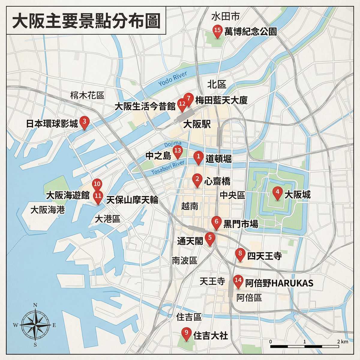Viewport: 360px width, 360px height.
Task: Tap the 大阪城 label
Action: pyautogui.click(x=297, y=195)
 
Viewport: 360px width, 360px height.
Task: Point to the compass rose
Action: pyautogui.click(x=35, y=325)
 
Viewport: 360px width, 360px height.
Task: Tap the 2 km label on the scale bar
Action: pyautogui.click(x=342, y=341)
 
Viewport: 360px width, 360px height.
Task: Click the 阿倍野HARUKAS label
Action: pyautogui.click(x=279, y=283)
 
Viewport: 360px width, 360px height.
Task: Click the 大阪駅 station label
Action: pyautogui.click(x=197, y=124)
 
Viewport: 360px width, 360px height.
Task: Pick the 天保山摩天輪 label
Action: pyautogui.click(x=132, y=200)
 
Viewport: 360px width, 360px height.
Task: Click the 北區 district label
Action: pyautogui.click(x=217, y=84)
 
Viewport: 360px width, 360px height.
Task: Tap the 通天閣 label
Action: pyautogui.click(x=190, y=241)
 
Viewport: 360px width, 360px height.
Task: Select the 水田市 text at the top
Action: pyautogui.click(x=225, y=16)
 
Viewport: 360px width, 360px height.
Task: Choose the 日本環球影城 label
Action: pyautogui.click(x=52, y=124)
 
